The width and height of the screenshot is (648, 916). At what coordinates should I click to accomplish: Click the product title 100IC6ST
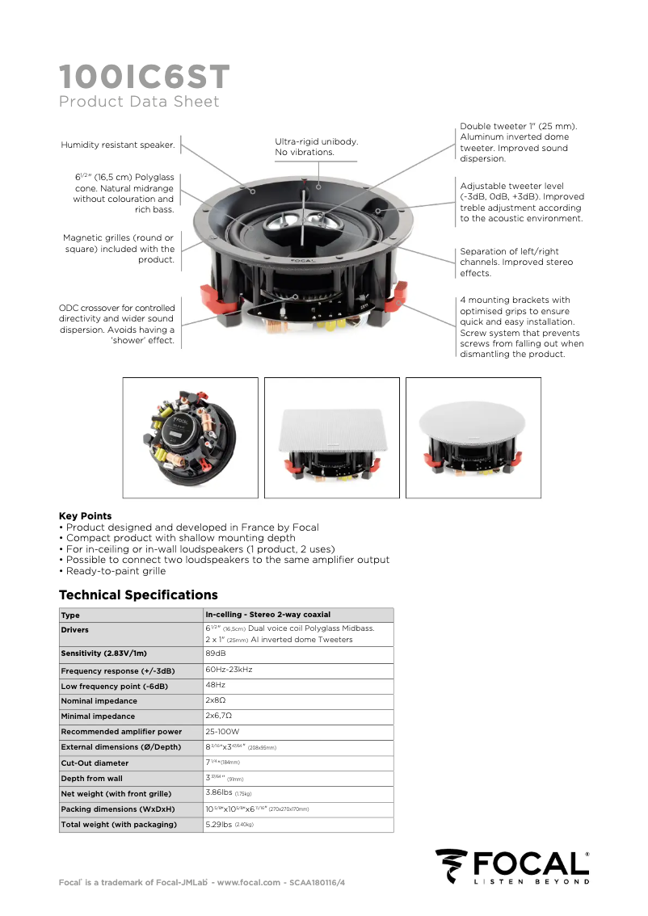[x=144, y=78]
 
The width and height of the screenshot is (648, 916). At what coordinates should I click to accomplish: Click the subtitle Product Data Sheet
[x=139, y=102]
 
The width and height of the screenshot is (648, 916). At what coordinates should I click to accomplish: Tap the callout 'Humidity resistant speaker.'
[x=118, y=145]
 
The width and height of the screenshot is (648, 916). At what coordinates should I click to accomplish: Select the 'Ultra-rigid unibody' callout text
[x=316, y=146]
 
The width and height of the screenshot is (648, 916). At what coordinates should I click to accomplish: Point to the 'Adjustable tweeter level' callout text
[x=521, y=202]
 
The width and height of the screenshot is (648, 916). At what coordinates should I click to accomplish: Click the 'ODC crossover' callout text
[x=116, y=324]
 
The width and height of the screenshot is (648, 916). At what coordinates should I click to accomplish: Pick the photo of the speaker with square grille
[x=332, y=438]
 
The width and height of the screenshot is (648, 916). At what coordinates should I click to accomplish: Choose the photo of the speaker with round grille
[x=473, y=438]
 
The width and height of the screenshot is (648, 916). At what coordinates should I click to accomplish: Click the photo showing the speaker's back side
[x=191, y=438]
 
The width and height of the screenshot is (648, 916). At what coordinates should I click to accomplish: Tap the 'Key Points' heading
[x=85, y=516]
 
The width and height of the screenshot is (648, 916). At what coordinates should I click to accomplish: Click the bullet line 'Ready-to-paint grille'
[x=116, y=570]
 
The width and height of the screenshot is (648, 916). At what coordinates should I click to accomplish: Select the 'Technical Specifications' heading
[x=138, y=595]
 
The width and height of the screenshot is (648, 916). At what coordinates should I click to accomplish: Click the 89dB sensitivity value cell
[x=216, y=653]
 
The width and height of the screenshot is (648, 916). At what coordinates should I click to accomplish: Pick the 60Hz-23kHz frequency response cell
[x=229, y=670]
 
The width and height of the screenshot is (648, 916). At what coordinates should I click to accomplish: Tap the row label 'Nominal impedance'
[x=99, y=701]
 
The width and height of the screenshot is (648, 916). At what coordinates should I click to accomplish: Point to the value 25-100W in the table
[x=222, y=732]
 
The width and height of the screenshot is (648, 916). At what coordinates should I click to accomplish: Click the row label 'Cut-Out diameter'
[x=95, y=763]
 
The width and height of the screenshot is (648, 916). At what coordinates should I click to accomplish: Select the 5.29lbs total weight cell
[x=229, y=825]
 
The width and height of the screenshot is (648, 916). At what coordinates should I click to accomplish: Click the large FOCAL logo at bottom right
[x=513, y=867]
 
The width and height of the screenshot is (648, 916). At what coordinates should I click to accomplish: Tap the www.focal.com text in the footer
[x=249, y=882]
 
